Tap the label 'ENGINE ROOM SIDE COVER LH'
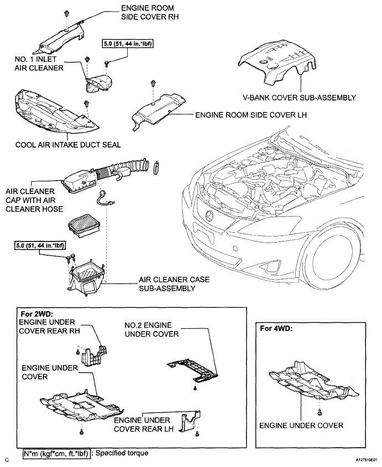pos(251,115)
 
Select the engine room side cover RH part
pos(62,38)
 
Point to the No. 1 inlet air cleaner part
pos(97,83)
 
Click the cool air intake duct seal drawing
pos(55,112)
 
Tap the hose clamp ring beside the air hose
pos(155,168)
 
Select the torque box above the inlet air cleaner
pos(128,44)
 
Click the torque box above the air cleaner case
pos(40,246)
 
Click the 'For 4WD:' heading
pos(276,328)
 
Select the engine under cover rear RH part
pos(94,357)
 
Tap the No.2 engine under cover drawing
pos(192,370)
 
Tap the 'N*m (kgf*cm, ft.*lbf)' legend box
pos(56,453)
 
